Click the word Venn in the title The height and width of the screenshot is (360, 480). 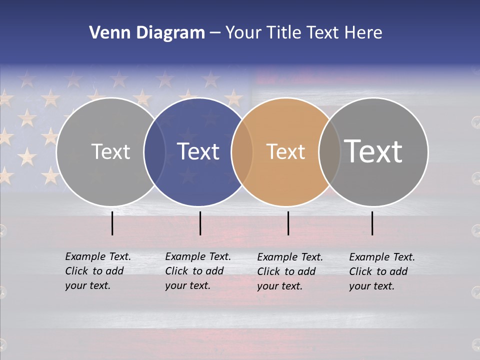(x=108, y=33)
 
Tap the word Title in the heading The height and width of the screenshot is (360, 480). (x=283, y=33)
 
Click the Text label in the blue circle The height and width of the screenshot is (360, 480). (x=198, y=151)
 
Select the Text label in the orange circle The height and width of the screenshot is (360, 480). (x=285, y=151)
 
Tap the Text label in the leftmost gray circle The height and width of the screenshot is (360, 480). (x=110, y=151)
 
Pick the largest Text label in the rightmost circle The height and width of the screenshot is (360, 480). (x=373, y=151)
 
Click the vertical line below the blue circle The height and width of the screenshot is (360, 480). (x=200, y=223)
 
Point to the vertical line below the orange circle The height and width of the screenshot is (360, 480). (x=288, y=223)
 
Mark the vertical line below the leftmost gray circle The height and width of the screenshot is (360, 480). (x=112, y=223)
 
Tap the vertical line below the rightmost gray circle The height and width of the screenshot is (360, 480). (x=372, y=223)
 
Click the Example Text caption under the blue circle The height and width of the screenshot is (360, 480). (x=198, y=271)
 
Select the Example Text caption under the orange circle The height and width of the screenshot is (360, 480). (x=290, y=271)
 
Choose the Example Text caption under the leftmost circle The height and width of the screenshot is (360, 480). (x=98, y=271)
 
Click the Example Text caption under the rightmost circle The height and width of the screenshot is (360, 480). (x=382, y=271)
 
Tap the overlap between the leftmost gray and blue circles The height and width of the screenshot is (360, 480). (x=154, y=151)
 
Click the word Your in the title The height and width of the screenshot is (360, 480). (x=243, y=33)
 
